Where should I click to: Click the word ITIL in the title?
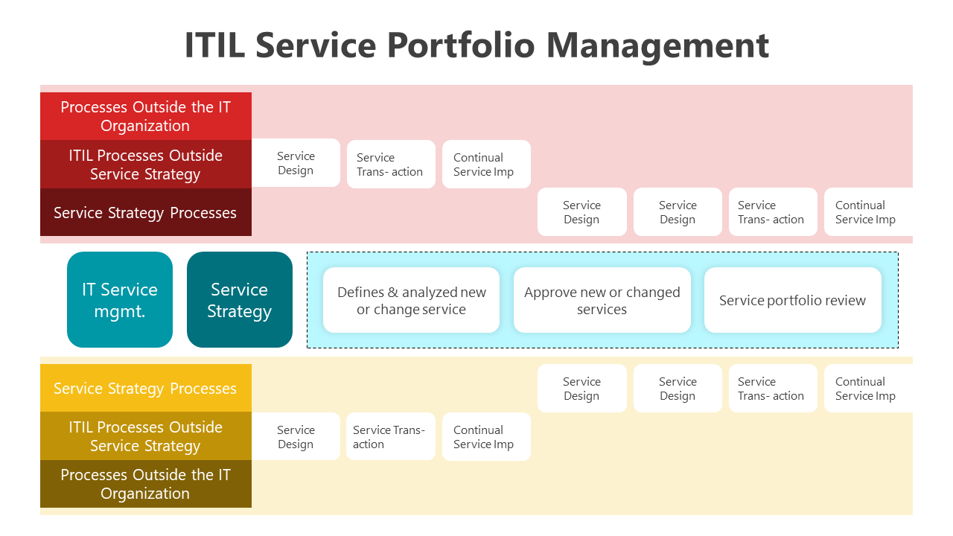point(215,45)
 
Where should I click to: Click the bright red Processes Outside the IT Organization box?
point(146,116)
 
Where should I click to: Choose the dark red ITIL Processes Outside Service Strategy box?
point(146,165)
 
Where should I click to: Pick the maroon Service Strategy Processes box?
point(146,212)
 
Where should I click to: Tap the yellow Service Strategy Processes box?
point(146,388)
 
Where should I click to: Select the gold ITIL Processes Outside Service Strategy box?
point(146,436)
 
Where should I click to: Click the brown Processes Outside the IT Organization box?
point(146,484)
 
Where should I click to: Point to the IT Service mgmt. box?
point(120,300)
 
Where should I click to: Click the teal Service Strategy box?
point(240,300)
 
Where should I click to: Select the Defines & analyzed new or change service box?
point(411,300)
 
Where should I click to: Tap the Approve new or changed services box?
point(602,300)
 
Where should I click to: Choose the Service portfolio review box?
point(793,300)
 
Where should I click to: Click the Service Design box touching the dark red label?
point(296,163)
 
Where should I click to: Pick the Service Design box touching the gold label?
point(296,436)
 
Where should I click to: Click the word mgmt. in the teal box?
point(120,312)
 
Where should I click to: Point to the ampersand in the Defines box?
point(392,293)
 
